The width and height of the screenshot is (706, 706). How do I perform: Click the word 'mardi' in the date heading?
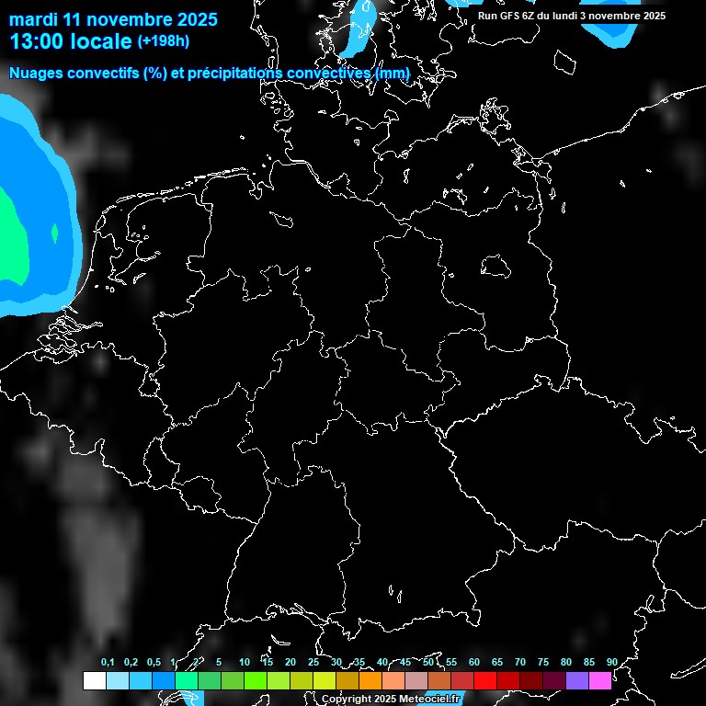(31, 19)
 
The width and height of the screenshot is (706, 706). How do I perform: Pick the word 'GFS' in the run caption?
(519, 16)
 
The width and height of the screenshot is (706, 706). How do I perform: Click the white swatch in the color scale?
(94, 681)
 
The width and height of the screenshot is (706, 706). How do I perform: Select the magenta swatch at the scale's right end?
(600, 681)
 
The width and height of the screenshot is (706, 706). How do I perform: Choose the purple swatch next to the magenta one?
(577, 681)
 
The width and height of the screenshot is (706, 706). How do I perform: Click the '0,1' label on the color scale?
(108, 663)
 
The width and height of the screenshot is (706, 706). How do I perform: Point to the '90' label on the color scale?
(611, 663)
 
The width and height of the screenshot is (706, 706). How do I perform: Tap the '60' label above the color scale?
(474, 663)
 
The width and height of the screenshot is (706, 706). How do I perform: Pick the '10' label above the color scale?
(245, 663)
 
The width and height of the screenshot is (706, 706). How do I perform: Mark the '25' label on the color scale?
(313, 663)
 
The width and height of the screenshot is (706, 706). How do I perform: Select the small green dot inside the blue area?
(54, 234)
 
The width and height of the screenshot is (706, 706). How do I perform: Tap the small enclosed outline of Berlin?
(495, 267)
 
